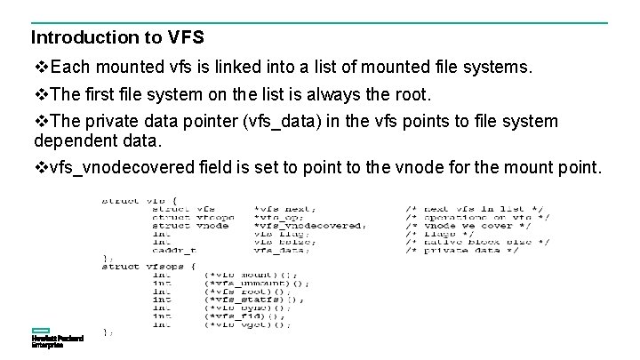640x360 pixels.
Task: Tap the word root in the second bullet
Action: [x=410, y=93]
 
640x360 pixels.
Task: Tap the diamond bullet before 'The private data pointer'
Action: [x=41, y=121]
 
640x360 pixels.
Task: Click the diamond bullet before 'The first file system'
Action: [x=41, y=93]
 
